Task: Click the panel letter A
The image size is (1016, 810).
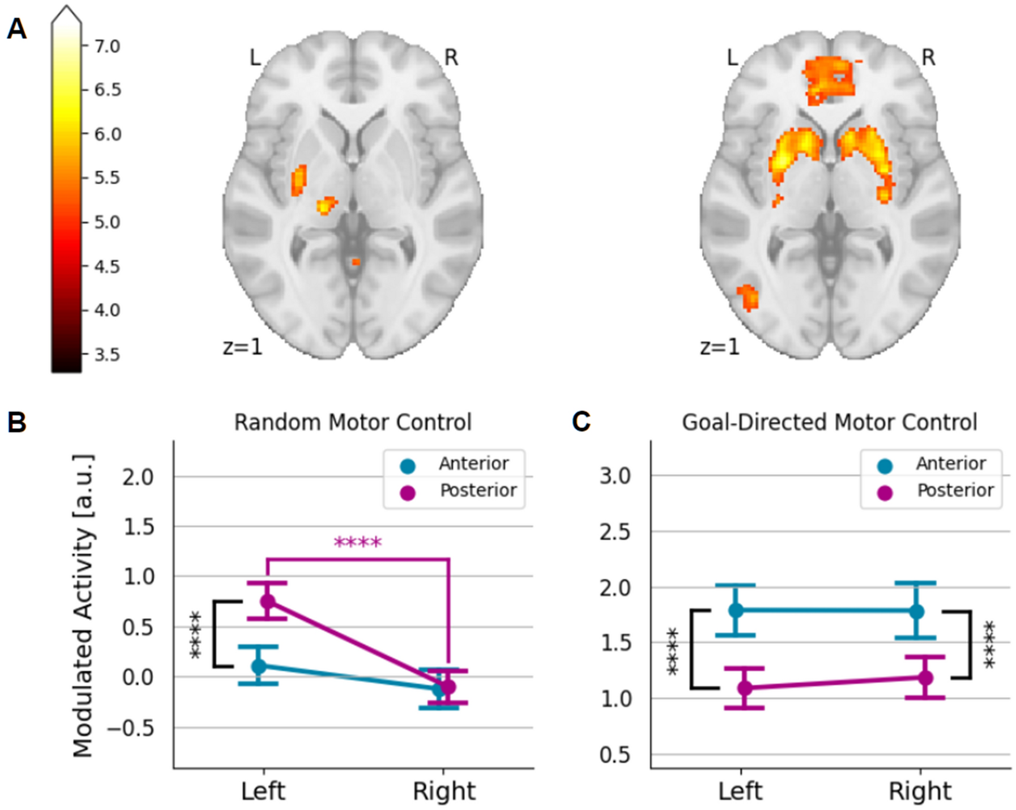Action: (x=16, y=29)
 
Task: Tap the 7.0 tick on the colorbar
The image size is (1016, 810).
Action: (x=107, y=46)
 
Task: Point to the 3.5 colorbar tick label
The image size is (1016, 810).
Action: (x=107, y=354)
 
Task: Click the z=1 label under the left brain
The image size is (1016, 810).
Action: (x=243, y=347)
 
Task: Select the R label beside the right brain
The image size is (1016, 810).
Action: (x=928, y=58)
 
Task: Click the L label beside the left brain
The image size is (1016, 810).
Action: (x=255, y=58)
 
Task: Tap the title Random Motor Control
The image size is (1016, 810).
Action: (x=353, y=422)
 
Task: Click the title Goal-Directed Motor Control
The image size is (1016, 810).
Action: (x=829, y=422)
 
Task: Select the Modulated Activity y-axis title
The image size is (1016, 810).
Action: (x=83, y=605)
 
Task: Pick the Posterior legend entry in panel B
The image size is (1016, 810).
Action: (x=478, y=491)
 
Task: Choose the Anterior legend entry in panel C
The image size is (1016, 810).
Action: (x=951, y=463)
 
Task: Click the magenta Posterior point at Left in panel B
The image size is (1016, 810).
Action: (x=268, y=601)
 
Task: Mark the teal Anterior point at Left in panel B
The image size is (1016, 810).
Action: (x=259, y=666)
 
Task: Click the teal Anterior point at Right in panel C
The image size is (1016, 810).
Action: (x=916, y=611)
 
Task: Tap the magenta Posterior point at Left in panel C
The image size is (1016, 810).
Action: (x=745, y=688)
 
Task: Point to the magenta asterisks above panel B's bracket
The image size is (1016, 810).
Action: (x=358, y=542)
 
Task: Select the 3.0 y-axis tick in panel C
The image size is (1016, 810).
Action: (x=615, y=476)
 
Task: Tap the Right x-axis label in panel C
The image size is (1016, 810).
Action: (x=919, y=791)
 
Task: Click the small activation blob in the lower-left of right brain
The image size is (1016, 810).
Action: (x=748, y=298)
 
